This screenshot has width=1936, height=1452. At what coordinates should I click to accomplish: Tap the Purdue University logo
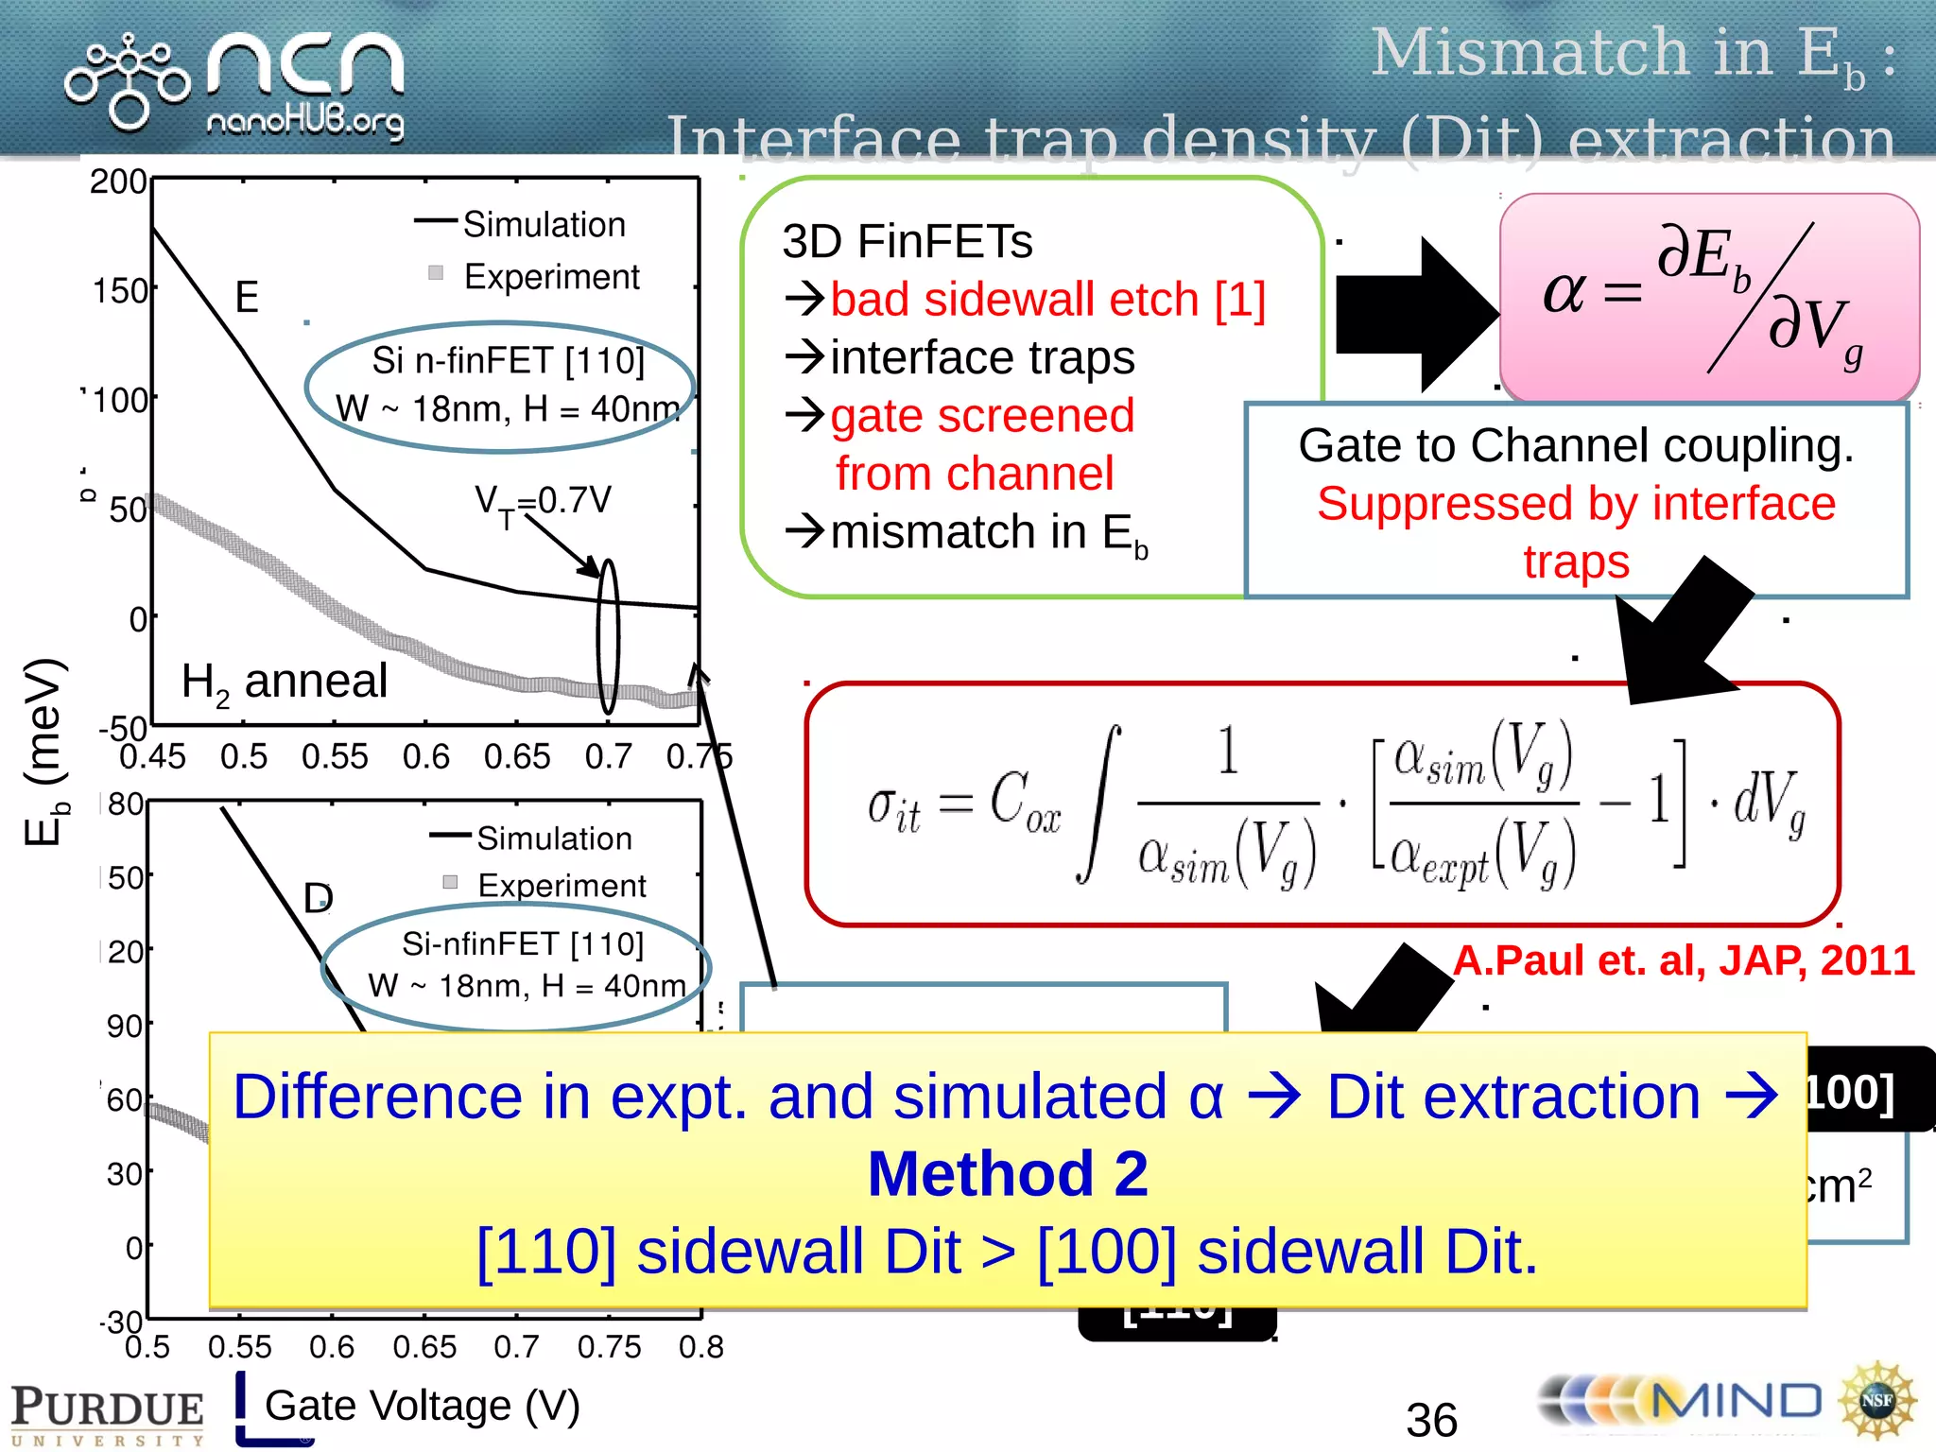[107, 1413]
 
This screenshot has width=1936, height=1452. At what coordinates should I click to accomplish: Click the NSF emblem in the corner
[1876, 1401]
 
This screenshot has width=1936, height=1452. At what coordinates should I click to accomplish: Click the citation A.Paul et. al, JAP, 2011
[1683, 960]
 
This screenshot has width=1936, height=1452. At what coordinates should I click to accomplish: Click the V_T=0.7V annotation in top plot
[543, 501]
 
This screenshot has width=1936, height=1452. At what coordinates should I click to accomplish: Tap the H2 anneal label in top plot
[284, 682]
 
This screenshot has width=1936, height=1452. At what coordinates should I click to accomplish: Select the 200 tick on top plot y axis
[117, 181]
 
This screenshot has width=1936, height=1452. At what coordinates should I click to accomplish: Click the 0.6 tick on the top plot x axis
[425, 757]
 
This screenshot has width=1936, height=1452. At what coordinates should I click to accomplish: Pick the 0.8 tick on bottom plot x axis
[700, 1347]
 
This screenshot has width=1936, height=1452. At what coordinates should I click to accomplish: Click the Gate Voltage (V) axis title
[422, 1406]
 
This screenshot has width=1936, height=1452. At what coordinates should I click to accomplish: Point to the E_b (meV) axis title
[45, 752]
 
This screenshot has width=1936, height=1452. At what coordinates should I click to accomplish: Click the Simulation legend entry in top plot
[544, 225]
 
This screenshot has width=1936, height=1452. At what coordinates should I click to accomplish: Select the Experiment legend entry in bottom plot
[562, 886]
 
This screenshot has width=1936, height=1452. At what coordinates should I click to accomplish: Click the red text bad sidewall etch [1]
[1047, 300]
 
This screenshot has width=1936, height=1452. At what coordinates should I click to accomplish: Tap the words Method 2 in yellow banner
[1008, 1174]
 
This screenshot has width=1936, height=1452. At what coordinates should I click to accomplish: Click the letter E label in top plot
[247, 298]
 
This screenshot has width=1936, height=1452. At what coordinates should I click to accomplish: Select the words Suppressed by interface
[1575, 504]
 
